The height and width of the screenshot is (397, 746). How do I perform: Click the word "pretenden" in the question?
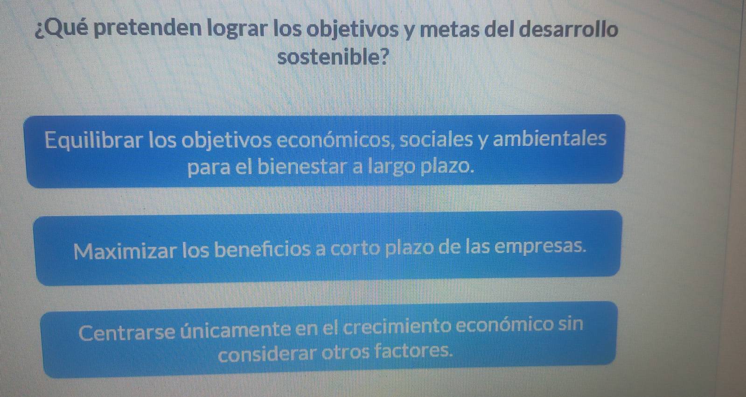147,28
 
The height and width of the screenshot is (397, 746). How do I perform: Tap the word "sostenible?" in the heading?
333,57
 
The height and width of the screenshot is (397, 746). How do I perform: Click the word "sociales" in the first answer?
436,139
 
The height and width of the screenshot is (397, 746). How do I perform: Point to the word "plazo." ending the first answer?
447,167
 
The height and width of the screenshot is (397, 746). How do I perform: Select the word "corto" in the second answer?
356,248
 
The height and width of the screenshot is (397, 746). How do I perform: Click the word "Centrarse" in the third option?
127,333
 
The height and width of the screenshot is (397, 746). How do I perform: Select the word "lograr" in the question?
237,29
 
